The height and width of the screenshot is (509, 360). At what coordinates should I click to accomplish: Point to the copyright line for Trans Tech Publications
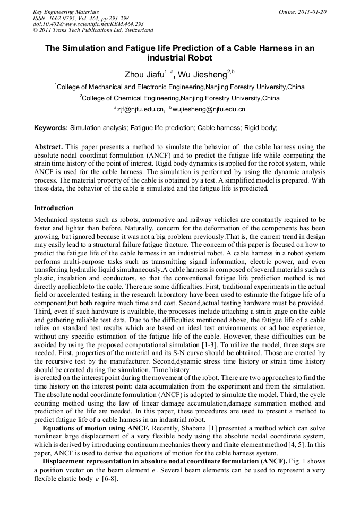point(93,31)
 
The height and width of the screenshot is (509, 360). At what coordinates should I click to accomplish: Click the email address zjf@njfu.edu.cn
point(141,109)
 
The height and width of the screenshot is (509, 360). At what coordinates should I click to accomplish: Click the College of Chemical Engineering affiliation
point(181,98)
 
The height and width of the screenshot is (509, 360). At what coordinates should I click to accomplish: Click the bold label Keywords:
point(51,128)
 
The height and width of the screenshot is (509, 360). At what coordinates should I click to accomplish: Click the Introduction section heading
point(54,208)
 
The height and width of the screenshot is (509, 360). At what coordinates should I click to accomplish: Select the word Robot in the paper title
point(198,57)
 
